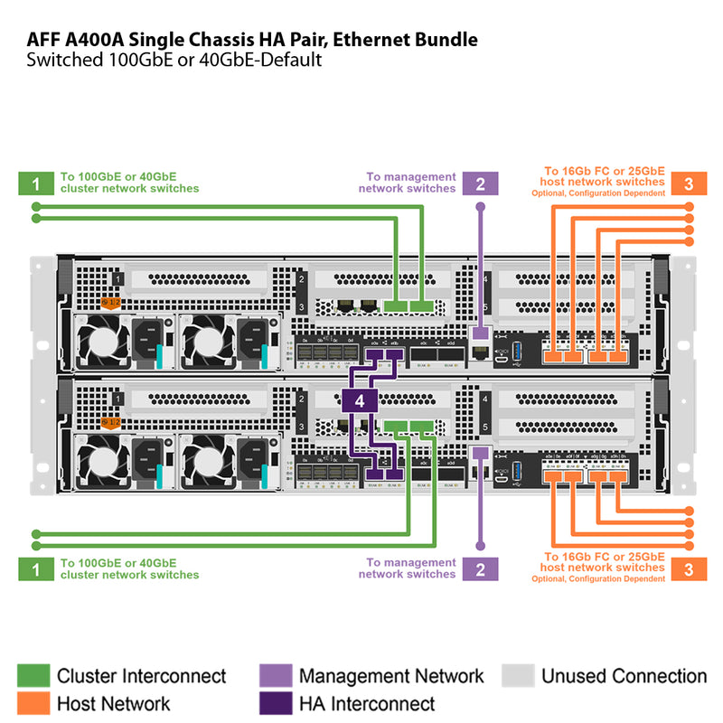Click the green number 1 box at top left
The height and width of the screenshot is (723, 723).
click(x=34, y=183)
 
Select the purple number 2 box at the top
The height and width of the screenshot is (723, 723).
click(x=480, y=183)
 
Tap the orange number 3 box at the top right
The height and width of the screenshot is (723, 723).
click(x=688, y=183)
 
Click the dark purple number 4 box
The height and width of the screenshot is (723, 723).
click(x=360, y=399)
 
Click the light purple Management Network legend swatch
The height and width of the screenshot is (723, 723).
click(x=274, y=675)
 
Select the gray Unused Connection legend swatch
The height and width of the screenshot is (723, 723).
click(x=516, y=675)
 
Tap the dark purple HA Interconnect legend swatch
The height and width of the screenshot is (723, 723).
click(x=274, y=703)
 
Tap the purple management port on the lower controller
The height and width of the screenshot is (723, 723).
click(x=480, y=453)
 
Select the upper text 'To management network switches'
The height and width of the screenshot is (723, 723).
click(x=410, y=183)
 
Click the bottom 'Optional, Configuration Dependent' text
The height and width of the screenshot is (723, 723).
click(x=598, y=578)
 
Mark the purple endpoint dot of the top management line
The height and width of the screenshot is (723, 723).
click(x=480, y=207)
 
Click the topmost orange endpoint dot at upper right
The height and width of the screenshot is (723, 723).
click(x=690, y=207)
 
